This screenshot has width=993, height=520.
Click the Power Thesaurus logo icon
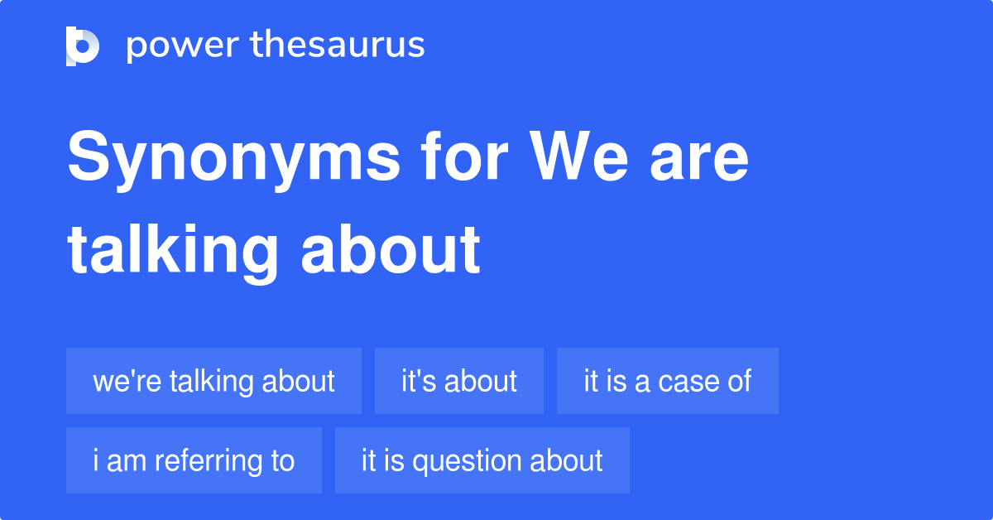(83, 46)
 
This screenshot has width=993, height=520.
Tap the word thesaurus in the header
(338, 44)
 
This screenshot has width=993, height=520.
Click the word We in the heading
(578, 156)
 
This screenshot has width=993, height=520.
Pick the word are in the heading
(699, 160)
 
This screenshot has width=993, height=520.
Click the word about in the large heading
(391, 248)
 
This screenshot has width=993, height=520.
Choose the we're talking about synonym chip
(213, 381)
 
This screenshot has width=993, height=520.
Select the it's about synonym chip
(459, 381)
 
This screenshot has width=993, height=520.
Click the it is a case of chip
(668, 381)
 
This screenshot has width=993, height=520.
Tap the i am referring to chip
(194, 460)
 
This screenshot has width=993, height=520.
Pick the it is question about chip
(482, 460)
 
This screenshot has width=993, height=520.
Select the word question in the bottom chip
(467, 462)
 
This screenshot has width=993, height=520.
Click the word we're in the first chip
(127, 381)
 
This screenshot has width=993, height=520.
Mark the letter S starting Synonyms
(89, 156)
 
